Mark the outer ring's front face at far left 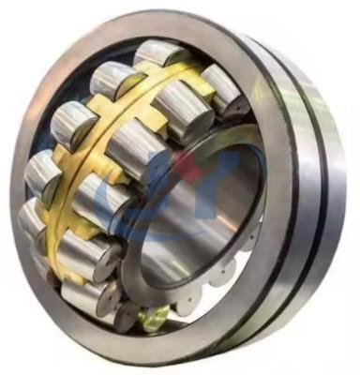pyautogui.click(x=21, y=187)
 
